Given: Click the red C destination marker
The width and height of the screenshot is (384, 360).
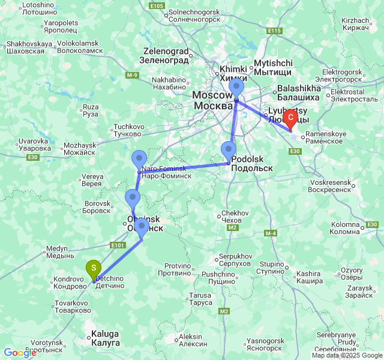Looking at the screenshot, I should (x=291, y=118).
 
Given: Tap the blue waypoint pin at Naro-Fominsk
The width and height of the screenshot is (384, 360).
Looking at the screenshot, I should (x=139, y=160).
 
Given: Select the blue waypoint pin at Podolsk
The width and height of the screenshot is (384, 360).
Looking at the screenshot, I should (x=228, y=151).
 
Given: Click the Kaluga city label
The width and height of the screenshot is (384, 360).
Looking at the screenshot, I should (x=105, y=338).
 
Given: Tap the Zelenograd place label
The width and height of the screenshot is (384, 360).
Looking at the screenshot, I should (x=166, y=56).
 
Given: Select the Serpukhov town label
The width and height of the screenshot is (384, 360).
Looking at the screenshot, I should (x=235, y=260).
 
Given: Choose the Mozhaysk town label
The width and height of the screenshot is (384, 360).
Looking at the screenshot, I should (x=79, y=149).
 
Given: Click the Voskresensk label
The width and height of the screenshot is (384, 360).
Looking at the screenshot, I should (x=329, y=185).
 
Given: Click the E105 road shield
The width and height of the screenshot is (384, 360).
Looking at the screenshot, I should (x=155, y=5).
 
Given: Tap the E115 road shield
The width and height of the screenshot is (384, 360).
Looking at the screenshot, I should (x=274, y=31).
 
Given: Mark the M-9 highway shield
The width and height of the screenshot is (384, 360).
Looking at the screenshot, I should (x=132, y=74).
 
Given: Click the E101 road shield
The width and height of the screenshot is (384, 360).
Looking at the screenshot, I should (x=118, y=245).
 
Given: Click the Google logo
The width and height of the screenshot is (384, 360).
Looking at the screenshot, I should (x=20, y=353).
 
